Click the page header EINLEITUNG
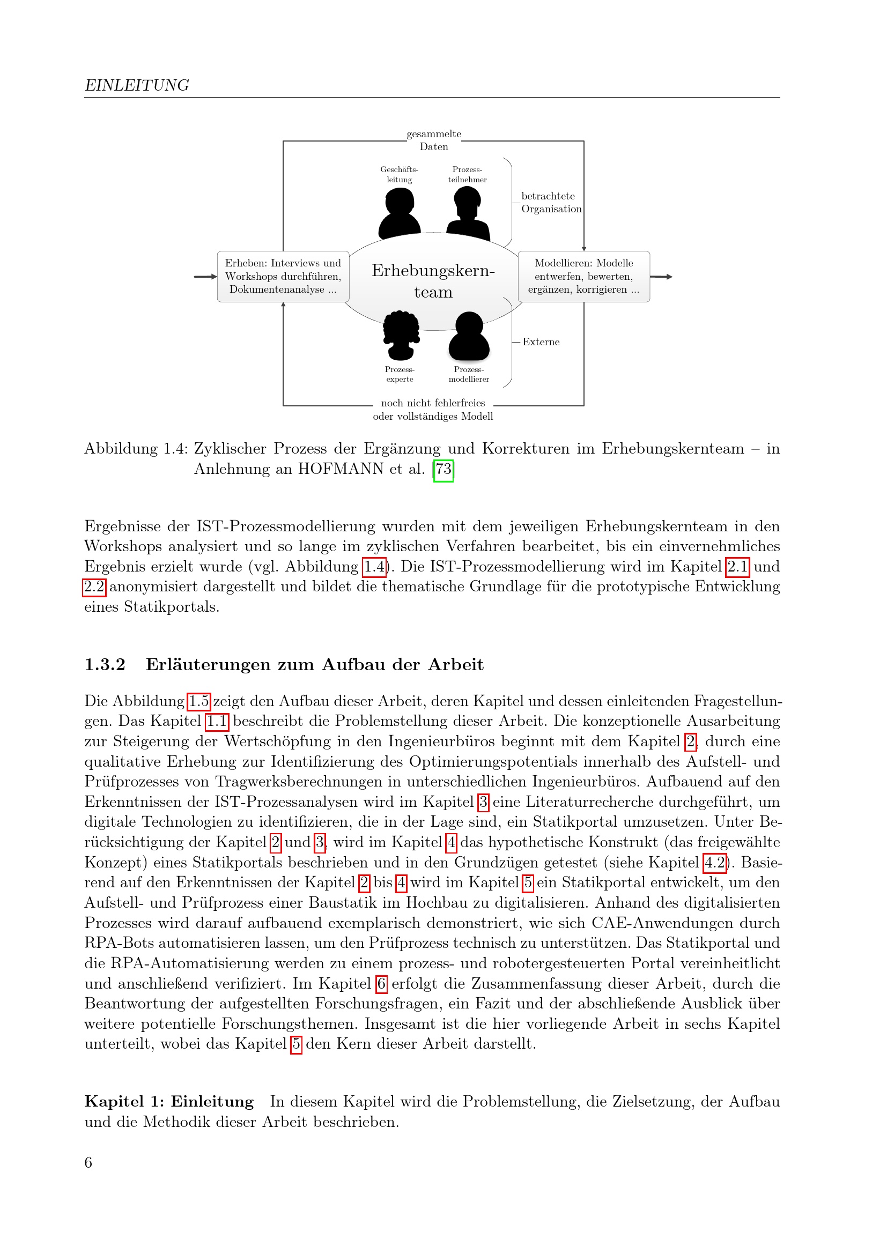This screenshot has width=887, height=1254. point(137,85)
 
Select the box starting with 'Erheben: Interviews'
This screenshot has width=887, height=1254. point(283,276)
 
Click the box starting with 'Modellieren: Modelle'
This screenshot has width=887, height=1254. point(583,276)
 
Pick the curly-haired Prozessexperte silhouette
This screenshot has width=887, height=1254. point(401,335)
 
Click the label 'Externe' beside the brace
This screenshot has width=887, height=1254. point(541,342)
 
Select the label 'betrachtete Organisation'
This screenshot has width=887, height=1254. point(551,203)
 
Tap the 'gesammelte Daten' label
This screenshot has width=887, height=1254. point(434,140)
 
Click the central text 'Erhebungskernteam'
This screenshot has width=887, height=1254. point(433,281)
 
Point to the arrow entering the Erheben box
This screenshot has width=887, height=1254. point(205,276)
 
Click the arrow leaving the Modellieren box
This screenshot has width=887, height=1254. point(661,276)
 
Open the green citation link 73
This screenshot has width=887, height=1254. point(443,469)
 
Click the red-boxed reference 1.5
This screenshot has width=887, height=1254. point(199,701)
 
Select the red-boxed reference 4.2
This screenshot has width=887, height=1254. point(714,863)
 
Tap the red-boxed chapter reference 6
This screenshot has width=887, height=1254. point(381,984)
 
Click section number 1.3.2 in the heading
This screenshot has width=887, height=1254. point(105,665)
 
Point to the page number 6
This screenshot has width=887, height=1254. point(88,1162)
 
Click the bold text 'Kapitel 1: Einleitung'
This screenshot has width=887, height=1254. point(169,1102)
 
